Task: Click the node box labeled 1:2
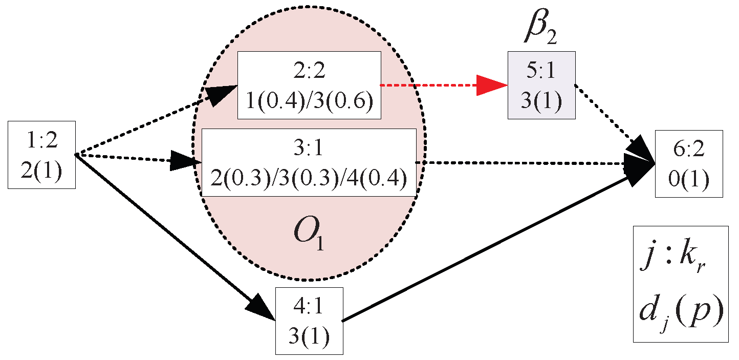[x=41, y=154]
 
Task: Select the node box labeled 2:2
[x=309, y=85]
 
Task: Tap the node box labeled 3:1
[x=309, y=162]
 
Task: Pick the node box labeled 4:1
[x=309, y=321]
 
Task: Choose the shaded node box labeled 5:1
[x=541, y=85]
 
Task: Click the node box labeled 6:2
[x=689, y=164]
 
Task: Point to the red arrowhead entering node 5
[x=491, y=85]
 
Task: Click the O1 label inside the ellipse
[x=309, y=236]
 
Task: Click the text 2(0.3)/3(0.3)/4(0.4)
[x=309, y=179]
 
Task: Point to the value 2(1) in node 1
[x=41, y=170]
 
